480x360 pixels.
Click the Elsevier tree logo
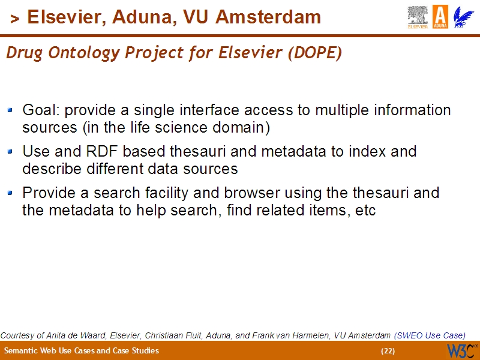tap(418, 17)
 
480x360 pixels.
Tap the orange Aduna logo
tap(440, 17)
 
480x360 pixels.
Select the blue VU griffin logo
tap(463, 17)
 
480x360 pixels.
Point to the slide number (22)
tap(388, 350)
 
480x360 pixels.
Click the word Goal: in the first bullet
tap(41, 110)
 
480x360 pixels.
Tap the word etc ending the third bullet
tap(366, 211)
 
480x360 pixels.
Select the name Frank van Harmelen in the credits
tap(296, 335)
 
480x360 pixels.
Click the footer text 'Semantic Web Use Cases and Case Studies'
tap(82, 350)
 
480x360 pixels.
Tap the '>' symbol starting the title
tap(15, 19)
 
